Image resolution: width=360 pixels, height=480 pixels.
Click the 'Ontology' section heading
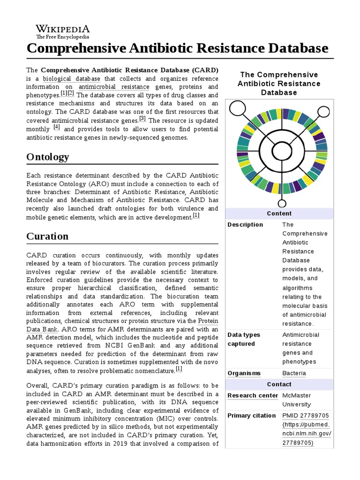click(x=47, y=157)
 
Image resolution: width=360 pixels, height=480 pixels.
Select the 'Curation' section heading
click(x=47, y=236)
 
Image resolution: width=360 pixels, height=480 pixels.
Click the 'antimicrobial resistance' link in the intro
click(x=114, y=87)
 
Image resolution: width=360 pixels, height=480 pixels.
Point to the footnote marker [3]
click(x=142, y=119)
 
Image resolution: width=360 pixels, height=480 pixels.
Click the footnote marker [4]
click(x=57, y=127)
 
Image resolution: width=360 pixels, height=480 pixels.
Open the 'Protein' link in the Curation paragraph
click(x=208, y=321)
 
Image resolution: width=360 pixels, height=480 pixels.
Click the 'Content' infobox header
click(x=279, y=213)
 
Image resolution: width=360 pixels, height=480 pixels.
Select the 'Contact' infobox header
click(x=279, y=384)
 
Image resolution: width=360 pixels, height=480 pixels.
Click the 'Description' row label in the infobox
click(x=245, y=225)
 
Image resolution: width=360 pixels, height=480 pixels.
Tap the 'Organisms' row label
click(x=244, y=373)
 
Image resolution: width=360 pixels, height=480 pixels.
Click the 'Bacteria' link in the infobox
click(x=294, y=373)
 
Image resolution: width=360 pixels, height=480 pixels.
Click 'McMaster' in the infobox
click(x=296, y=395)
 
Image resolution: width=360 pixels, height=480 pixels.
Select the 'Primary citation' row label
click(x=252, y=416)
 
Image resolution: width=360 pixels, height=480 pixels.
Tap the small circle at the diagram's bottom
click(x=282, y=203)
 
